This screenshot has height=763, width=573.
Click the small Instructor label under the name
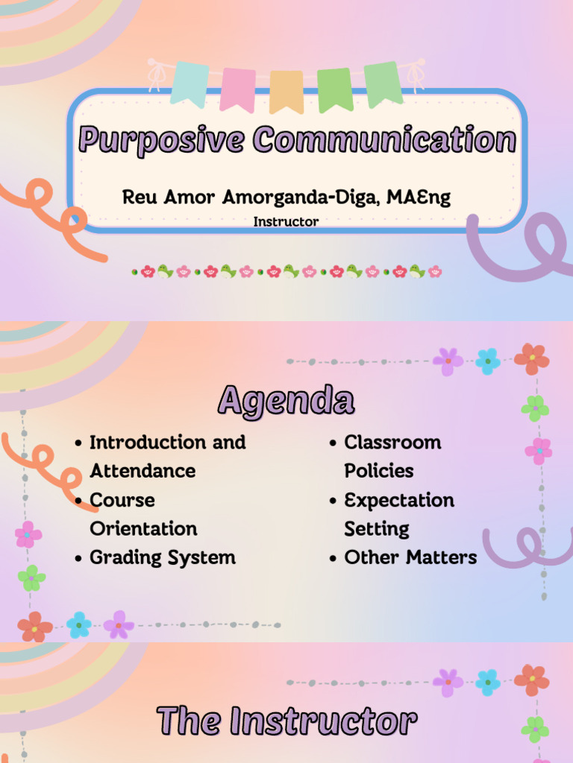tap(286, 221)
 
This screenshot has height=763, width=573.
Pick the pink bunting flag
tap(238, 88)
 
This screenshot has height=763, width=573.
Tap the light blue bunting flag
tap(190, 82)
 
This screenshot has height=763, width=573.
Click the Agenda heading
tap(286, 401)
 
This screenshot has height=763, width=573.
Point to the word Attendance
tap(142, 471)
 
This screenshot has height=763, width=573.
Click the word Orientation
tap(143, 528)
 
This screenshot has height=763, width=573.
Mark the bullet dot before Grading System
tap(78, 558)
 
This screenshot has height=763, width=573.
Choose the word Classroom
tap(392, 442)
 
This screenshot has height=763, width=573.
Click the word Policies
tap(378, 471)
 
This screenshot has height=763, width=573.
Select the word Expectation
tap(398, 500)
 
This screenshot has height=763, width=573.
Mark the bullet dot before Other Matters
tap(333, 558)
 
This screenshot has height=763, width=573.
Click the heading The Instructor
tap(286, 721)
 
